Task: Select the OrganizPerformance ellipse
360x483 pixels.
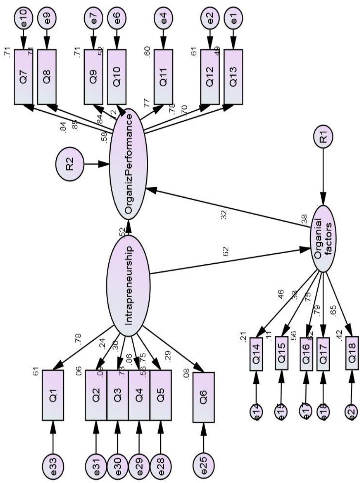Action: [x=128, y=165]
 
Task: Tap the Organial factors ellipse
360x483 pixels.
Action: [x=323, y=238]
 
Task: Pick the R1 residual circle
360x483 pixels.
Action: [x=323, y=138]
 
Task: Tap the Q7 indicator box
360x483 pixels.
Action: [x=24, y=76]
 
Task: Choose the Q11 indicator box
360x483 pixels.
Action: [x=164, y=76]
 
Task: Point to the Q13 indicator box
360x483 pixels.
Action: [x=233, y=76]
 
